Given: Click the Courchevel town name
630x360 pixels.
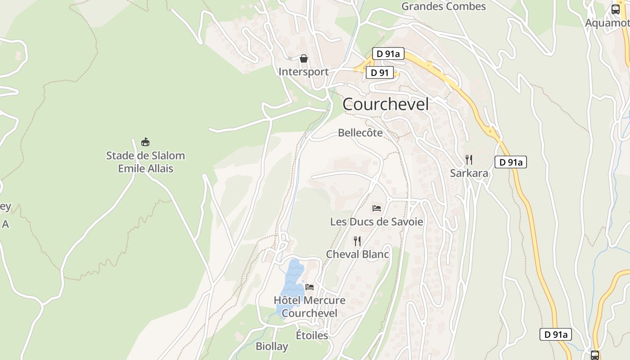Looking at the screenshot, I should [386, 104].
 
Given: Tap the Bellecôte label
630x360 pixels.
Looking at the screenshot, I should [360, 133].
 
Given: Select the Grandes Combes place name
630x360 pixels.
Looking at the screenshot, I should [443, 6].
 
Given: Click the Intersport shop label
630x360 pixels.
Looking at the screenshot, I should [303, 72].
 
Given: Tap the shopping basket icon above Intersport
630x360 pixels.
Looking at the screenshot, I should [304, 58].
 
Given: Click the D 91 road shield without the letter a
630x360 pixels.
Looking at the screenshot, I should [379, 72].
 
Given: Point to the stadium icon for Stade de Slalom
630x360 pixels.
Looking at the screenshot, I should [145, 142].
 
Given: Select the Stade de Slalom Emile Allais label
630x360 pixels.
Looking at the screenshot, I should [145, 162].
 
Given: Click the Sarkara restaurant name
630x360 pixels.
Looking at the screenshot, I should [469, 173].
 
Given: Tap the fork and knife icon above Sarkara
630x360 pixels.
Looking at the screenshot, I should [469, 159].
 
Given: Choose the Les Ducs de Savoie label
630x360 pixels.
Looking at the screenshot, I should [377, 222].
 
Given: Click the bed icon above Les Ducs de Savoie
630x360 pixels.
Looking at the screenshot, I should [377, 208].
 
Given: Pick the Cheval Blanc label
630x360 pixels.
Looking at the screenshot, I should [357, 254].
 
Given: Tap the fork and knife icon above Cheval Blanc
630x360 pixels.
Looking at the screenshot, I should [357, 241].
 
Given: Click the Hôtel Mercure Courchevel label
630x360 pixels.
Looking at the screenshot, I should [310, 306].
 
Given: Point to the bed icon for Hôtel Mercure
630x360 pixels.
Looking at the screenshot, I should [310, 287].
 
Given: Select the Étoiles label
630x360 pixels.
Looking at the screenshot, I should [312, 335].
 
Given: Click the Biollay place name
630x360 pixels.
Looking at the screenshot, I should [272, 346].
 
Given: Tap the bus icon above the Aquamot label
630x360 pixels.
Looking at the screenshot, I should [615, 9].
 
